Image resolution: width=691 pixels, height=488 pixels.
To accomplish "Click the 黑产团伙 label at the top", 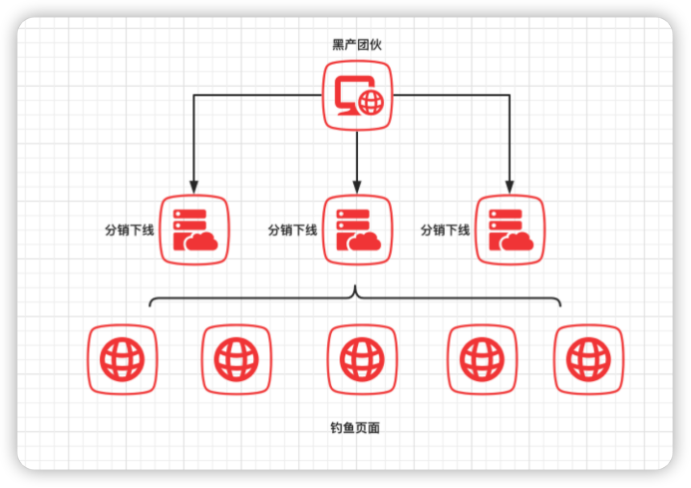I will point(356,44).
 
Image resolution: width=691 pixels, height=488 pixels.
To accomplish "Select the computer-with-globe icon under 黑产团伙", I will point(357,95).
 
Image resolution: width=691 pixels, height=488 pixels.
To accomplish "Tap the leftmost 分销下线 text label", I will point(130,231).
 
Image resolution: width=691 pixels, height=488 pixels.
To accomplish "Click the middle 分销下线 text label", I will point(292,231).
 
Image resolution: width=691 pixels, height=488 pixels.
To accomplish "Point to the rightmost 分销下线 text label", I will point(445,231).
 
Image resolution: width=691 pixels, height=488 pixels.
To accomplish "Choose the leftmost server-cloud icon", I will point(194,230).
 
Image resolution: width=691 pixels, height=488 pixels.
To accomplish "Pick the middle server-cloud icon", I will point(357,230).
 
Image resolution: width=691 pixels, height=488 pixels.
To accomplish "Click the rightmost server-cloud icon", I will point(510,230).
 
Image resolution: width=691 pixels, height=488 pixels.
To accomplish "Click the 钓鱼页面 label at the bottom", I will point(355,428).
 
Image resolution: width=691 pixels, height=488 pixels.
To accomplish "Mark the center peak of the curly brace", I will point(356,290).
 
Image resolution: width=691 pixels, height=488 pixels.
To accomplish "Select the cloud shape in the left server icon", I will point(202,242).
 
